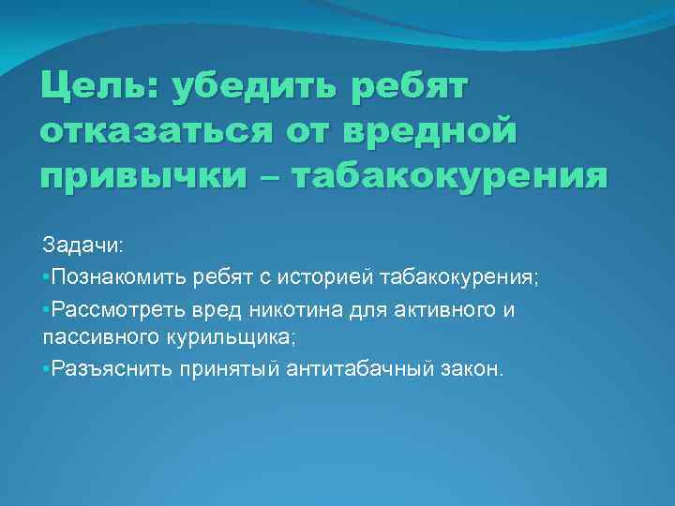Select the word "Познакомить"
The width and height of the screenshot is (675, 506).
tap(119, 276)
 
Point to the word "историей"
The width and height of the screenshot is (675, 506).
tap(335, 276)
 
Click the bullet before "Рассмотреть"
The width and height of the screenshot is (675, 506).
tap(46, 309)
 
